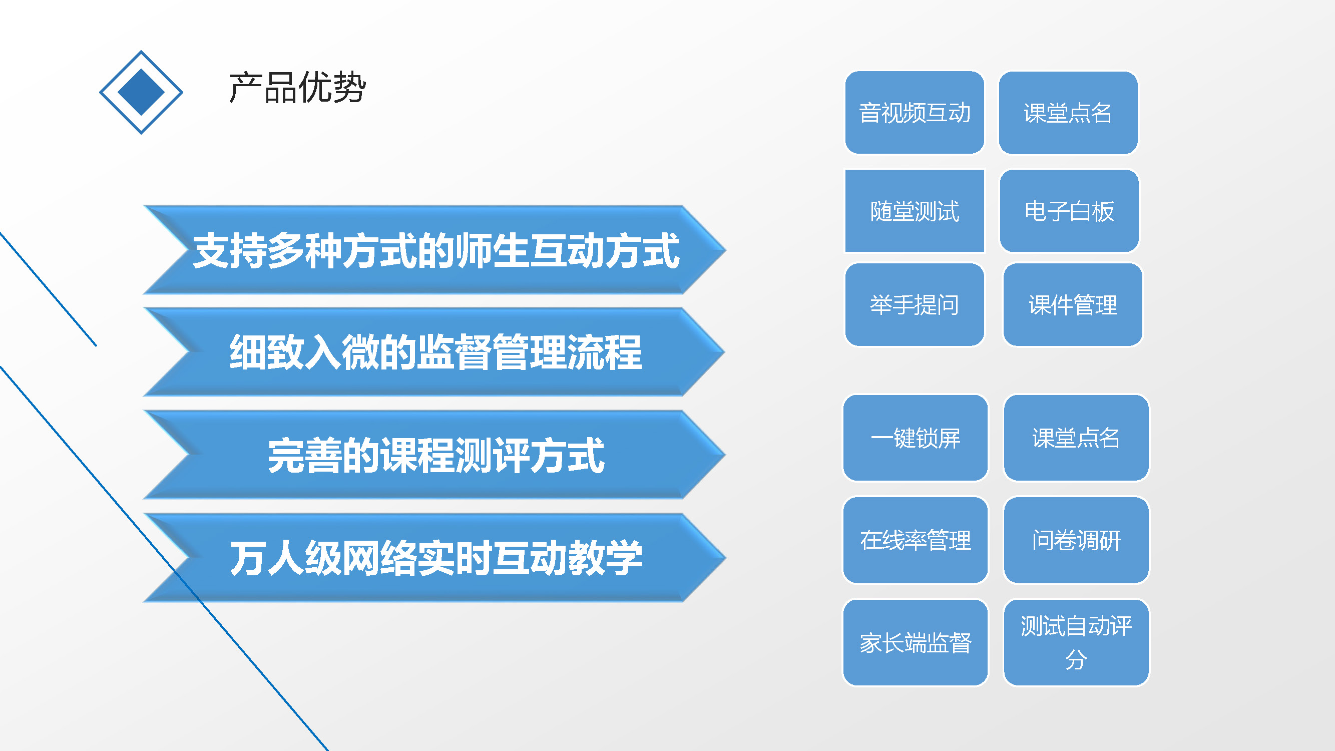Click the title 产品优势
297,87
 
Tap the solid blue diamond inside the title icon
141,92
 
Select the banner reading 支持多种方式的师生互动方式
434,250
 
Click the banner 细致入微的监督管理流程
434,352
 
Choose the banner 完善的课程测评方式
434,455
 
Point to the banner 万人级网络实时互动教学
434,557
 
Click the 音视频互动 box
915,113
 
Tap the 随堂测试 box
915,210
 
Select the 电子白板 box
1069,210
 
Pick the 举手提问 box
915,304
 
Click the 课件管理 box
1073,304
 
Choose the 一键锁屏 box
915,438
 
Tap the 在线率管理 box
915,540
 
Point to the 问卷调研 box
1076,540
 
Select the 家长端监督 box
915,643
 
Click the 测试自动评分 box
1076,643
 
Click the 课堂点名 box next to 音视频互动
1068,113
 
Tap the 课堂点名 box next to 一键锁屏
1076,438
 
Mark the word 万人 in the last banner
267,558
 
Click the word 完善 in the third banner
305,455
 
